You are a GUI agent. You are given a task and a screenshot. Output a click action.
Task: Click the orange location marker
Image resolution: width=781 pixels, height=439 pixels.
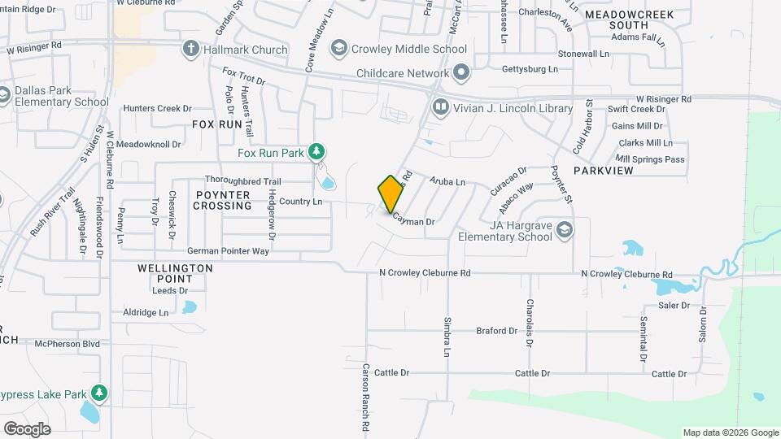pos(391,194)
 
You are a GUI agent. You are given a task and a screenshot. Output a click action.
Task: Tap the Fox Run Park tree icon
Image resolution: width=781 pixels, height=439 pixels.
pos(316,152)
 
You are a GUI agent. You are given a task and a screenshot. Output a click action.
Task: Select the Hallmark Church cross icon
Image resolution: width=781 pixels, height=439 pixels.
pos(191,49)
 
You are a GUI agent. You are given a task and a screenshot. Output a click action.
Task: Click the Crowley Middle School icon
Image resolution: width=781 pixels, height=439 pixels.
pos(338,49)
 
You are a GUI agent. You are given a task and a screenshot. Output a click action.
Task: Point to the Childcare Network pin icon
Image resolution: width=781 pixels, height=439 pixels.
pos(461,73)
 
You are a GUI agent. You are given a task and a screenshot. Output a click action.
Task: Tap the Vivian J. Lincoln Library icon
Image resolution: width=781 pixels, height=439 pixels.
pos(440,106)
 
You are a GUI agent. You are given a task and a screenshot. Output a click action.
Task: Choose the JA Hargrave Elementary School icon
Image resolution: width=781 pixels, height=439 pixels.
pos(564,230)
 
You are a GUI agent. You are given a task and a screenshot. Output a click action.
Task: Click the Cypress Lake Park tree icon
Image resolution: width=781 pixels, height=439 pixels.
pos(99,394)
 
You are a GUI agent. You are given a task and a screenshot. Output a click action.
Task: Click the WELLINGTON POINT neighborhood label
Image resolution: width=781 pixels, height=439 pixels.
pos(175,273)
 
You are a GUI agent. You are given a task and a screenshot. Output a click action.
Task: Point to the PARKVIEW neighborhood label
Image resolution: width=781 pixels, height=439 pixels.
pos(603,172)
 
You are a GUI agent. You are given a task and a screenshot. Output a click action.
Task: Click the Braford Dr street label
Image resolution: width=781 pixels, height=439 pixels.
pos(497,331)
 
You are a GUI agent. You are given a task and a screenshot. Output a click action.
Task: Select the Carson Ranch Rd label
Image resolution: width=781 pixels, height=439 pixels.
pos(366,398)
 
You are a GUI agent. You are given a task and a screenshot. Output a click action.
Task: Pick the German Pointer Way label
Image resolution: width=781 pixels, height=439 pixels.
pos(228,251)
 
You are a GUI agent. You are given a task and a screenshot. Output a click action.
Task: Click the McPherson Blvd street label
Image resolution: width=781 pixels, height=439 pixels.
pos(67,344)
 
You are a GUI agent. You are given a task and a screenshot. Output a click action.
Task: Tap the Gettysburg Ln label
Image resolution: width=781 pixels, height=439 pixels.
pos(530,69)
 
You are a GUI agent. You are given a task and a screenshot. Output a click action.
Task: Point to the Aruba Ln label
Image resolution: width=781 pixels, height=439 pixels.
pos(447,182)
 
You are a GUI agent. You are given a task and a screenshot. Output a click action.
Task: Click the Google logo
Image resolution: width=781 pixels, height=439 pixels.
pos(27,428)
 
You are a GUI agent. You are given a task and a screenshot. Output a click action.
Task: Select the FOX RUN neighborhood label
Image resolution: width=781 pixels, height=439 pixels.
pos(217,124)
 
